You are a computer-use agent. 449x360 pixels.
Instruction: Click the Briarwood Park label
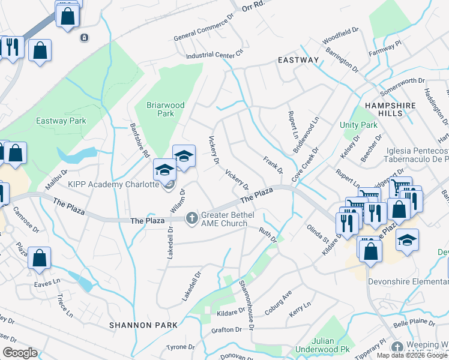point(165,109)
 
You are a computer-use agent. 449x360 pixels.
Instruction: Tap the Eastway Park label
point(61,121)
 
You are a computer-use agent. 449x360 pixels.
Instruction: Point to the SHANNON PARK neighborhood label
point(143,325)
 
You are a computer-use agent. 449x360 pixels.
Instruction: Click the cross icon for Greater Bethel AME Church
point(192,217)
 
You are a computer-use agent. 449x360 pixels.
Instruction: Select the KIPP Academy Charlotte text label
point(113,184)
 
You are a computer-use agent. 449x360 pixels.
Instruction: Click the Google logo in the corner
point(20,352)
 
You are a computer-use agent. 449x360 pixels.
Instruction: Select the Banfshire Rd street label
point(140,140)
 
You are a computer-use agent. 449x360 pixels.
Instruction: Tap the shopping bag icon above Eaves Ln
point(39,258)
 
